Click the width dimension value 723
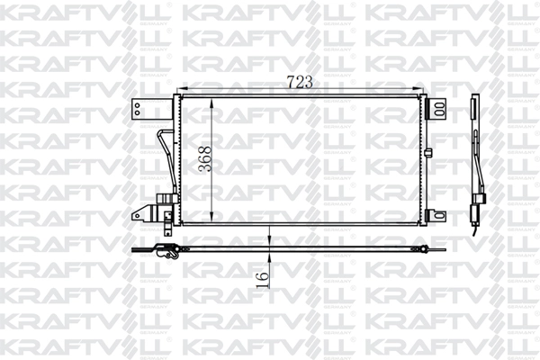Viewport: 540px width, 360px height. [x=300, y=82]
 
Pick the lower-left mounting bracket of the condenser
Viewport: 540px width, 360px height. [x=142, y=213]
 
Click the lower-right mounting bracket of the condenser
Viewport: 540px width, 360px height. [x=437, y=216]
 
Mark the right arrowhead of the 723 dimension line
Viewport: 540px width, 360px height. [x=423, y=90]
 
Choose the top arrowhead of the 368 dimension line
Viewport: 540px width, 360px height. [x=211, y=101]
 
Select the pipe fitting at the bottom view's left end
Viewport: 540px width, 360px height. [x=166, y=255]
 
